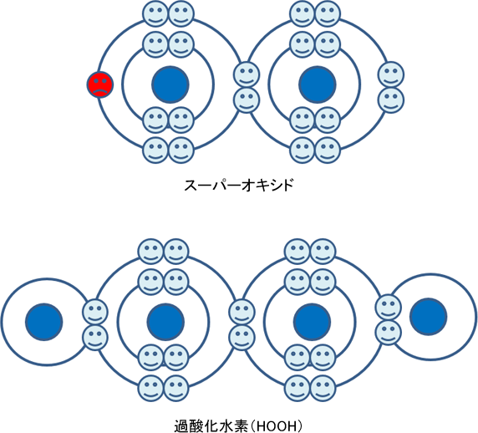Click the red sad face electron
coord(100,84)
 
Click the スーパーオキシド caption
coord(238,185)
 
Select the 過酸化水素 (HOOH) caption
coord(238,426)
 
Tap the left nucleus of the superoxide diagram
coord(170,84)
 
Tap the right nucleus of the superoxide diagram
coord(318,84)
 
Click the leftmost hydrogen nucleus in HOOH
coord(44,322)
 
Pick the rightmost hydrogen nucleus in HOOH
coord(429,317)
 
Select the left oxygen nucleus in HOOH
coord(165,322)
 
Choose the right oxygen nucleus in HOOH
coord(313,322)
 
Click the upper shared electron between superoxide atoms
coord(247,74)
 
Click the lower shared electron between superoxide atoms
coord(247,100)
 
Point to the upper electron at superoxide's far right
coord(391,74)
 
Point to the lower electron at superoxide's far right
coord(391,100)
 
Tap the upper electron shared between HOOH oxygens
coord(242,312)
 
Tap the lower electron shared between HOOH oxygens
coord(242,338)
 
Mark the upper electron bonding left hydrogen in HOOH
coord(95,312)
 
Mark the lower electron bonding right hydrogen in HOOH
coord(389,333)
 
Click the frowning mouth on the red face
coord(100,91)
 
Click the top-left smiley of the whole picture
coord(155,13)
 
